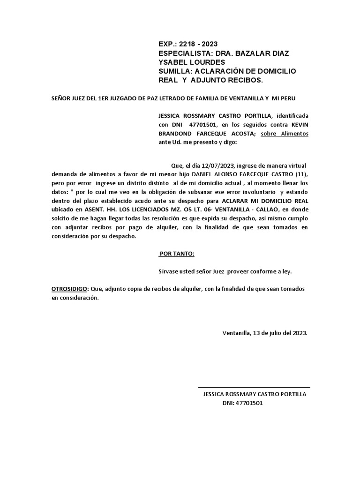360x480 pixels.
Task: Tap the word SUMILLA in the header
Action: point(175,71)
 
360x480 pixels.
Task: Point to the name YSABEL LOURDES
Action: point(192,62)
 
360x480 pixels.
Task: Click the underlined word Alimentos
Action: point(295,134)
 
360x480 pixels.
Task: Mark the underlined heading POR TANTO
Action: point(176,254)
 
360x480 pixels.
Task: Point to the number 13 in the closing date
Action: point(257,333)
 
